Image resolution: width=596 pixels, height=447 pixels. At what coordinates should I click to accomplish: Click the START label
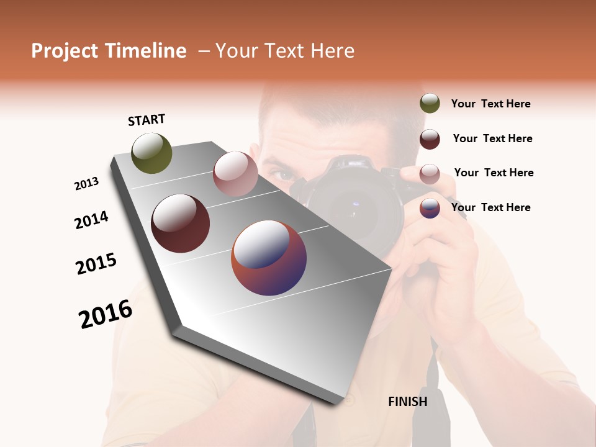coord(147,120)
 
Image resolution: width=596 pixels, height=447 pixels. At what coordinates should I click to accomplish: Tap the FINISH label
coord(407,402)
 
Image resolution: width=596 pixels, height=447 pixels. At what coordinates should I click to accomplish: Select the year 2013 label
coord(86,184)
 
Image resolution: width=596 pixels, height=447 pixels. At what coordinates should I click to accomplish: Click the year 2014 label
coord(91,220)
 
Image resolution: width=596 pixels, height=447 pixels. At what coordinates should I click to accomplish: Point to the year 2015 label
coord(96,263)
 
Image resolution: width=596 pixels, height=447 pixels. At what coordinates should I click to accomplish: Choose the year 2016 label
coord(106,314)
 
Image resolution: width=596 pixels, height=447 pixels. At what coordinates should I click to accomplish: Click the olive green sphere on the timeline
coord(151,153)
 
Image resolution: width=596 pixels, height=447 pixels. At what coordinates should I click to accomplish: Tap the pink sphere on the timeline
coord(235,174)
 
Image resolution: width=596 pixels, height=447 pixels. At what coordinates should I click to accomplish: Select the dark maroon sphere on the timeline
coord(181,223)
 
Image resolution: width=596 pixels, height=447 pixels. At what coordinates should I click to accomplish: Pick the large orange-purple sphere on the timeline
coord(269,258)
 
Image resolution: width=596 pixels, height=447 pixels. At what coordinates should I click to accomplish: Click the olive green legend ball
coord(430,103)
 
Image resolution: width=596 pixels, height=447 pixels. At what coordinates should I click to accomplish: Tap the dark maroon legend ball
coord(430,139)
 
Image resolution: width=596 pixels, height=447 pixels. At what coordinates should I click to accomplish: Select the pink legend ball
coord(430,174)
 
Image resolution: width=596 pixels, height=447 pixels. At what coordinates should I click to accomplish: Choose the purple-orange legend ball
coord(430,208)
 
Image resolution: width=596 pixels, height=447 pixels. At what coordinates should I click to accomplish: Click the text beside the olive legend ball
coord(490,104)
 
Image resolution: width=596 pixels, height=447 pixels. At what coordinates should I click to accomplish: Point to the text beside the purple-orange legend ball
coord(490,207)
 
